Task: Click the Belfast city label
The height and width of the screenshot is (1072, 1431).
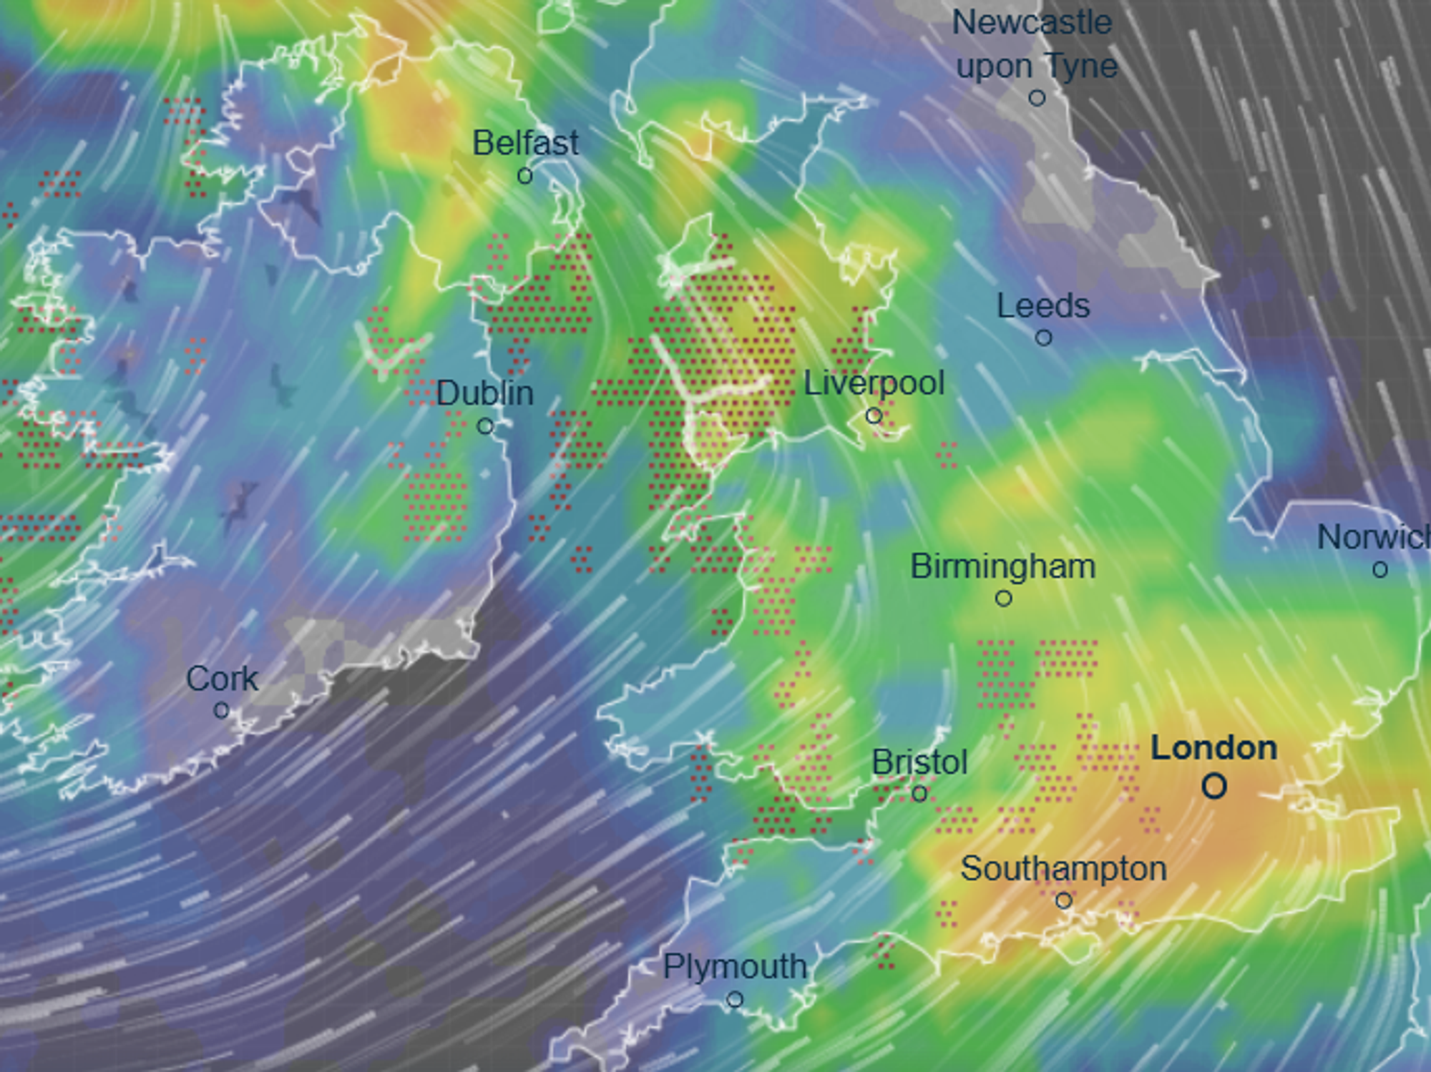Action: [x=525, y=143]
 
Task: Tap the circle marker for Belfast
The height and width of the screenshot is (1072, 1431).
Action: [x=524, y=175]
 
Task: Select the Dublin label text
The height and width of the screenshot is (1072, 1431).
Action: [x=485, y=393]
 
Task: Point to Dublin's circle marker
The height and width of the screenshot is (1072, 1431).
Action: [x=485, y=427]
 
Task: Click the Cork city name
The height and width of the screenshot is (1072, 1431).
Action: [x=222, y=679]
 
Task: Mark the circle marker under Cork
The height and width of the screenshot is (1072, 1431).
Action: [x=222, y=710]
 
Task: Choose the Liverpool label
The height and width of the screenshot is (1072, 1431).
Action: [x=874, y=383]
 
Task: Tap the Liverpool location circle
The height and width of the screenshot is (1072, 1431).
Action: [x=874, y=415]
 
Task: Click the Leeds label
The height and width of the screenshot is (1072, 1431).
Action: [x=1043, y=306]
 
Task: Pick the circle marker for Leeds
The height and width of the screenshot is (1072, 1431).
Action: [x=1044, y=338]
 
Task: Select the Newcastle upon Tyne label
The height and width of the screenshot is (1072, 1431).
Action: [x=1035, y=44]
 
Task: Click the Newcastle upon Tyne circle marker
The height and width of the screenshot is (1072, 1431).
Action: [x=1037, y=98]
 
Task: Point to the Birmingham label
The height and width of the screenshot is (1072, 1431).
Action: [x=1003, y=566]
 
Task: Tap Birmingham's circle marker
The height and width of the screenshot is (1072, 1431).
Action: [x=1004, y=599]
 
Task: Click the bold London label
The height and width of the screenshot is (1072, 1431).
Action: [x=1213, y=748]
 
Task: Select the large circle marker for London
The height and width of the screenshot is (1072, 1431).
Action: [x=1214, y=787]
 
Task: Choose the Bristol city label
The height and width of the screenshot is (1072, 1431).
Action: [x=919, y=762]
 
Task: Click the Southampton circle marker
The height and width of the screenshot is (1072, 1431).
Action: [x=1064, y=901]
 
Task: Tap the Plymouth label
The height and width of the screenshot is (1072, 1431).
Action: [x=735, y=967]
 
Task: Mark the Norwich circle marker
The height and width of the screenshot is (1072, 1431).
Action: [x=1380, y=570]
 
